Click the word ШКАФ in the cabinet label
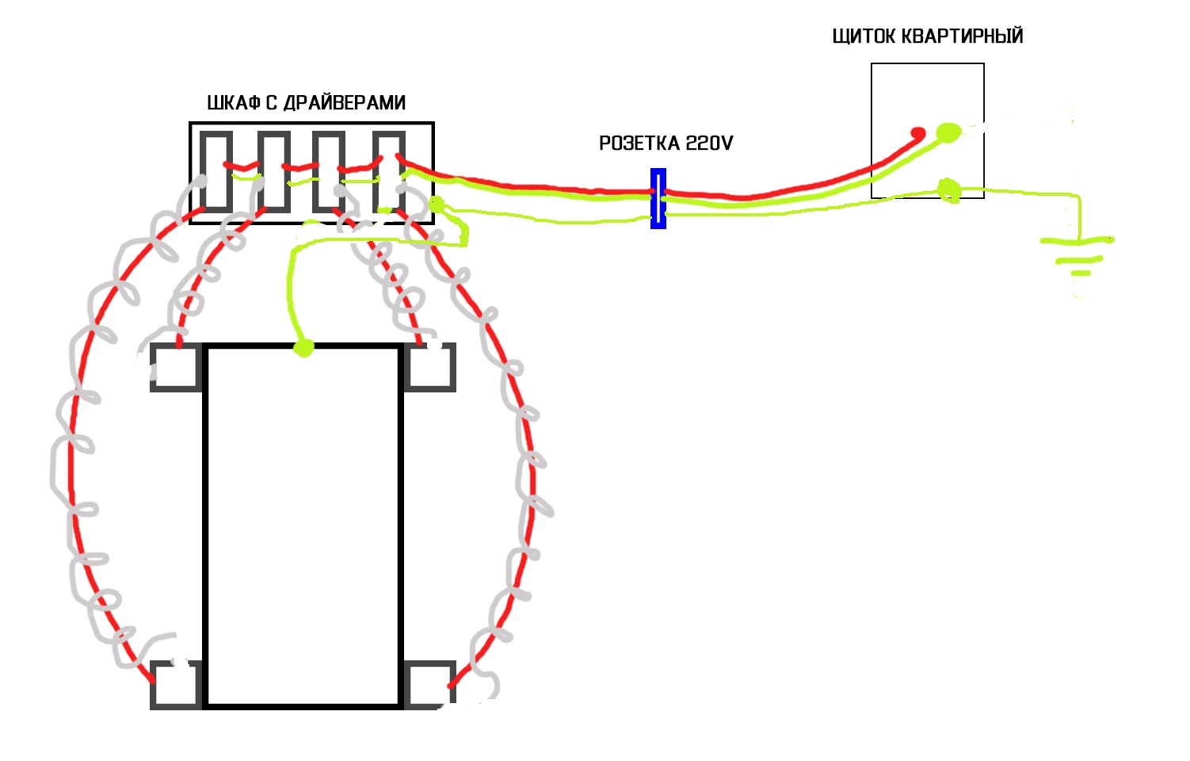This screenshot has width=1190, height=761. pyautogui.click(x=233, y=102)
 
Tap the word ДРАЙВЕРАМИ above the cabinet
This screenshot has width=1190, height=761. pyautogui.click(x=345, y=102)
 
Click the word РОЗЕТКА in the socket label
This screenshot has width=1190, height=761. pyautogui.click(x=639, y=143)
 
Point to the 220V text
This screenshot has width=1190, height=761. pyautogui.click(x=709, y=143)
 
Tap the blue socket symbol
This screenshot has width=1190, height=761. pyautogui.click(x=658, y=199)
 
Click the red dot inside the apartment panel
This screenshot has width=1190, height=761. pyautogui.click(x=918, y=133)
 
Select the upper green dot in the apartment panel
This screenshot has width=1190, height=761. pyautogui.click(x=948, y=132)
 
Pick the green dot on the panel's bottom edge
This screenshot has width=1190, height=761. pyautogui.click(x=948, y=189)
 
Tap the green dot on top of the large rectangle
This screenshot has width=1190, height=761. pyautogui.click(x=303, y=348)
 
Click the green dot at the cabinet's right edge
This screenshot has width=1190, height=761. pyautogui.click(x=437, y=204)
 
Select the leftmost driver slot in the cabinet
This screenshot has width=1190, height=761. pyautogui.click(x=216, y=171)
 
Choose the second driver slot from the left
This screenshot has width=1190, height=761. pyautogui.click(x=274, y=171)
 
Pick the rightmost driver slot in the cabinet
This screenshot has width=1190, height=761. pyautogui.click(x=389, y=171)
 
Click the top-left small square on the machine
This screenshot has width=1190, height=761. pyautogui.click(x=177, y=368)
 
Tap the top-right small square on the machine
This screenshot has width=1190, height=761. pyautogui.click(x=429, y=368)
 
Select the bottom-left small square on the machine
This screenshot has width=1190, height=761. pyautogui.click(x=177, y=685)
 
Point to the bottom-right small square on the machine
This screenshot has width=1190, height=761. pyautogui.click(x=429, y=685)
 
